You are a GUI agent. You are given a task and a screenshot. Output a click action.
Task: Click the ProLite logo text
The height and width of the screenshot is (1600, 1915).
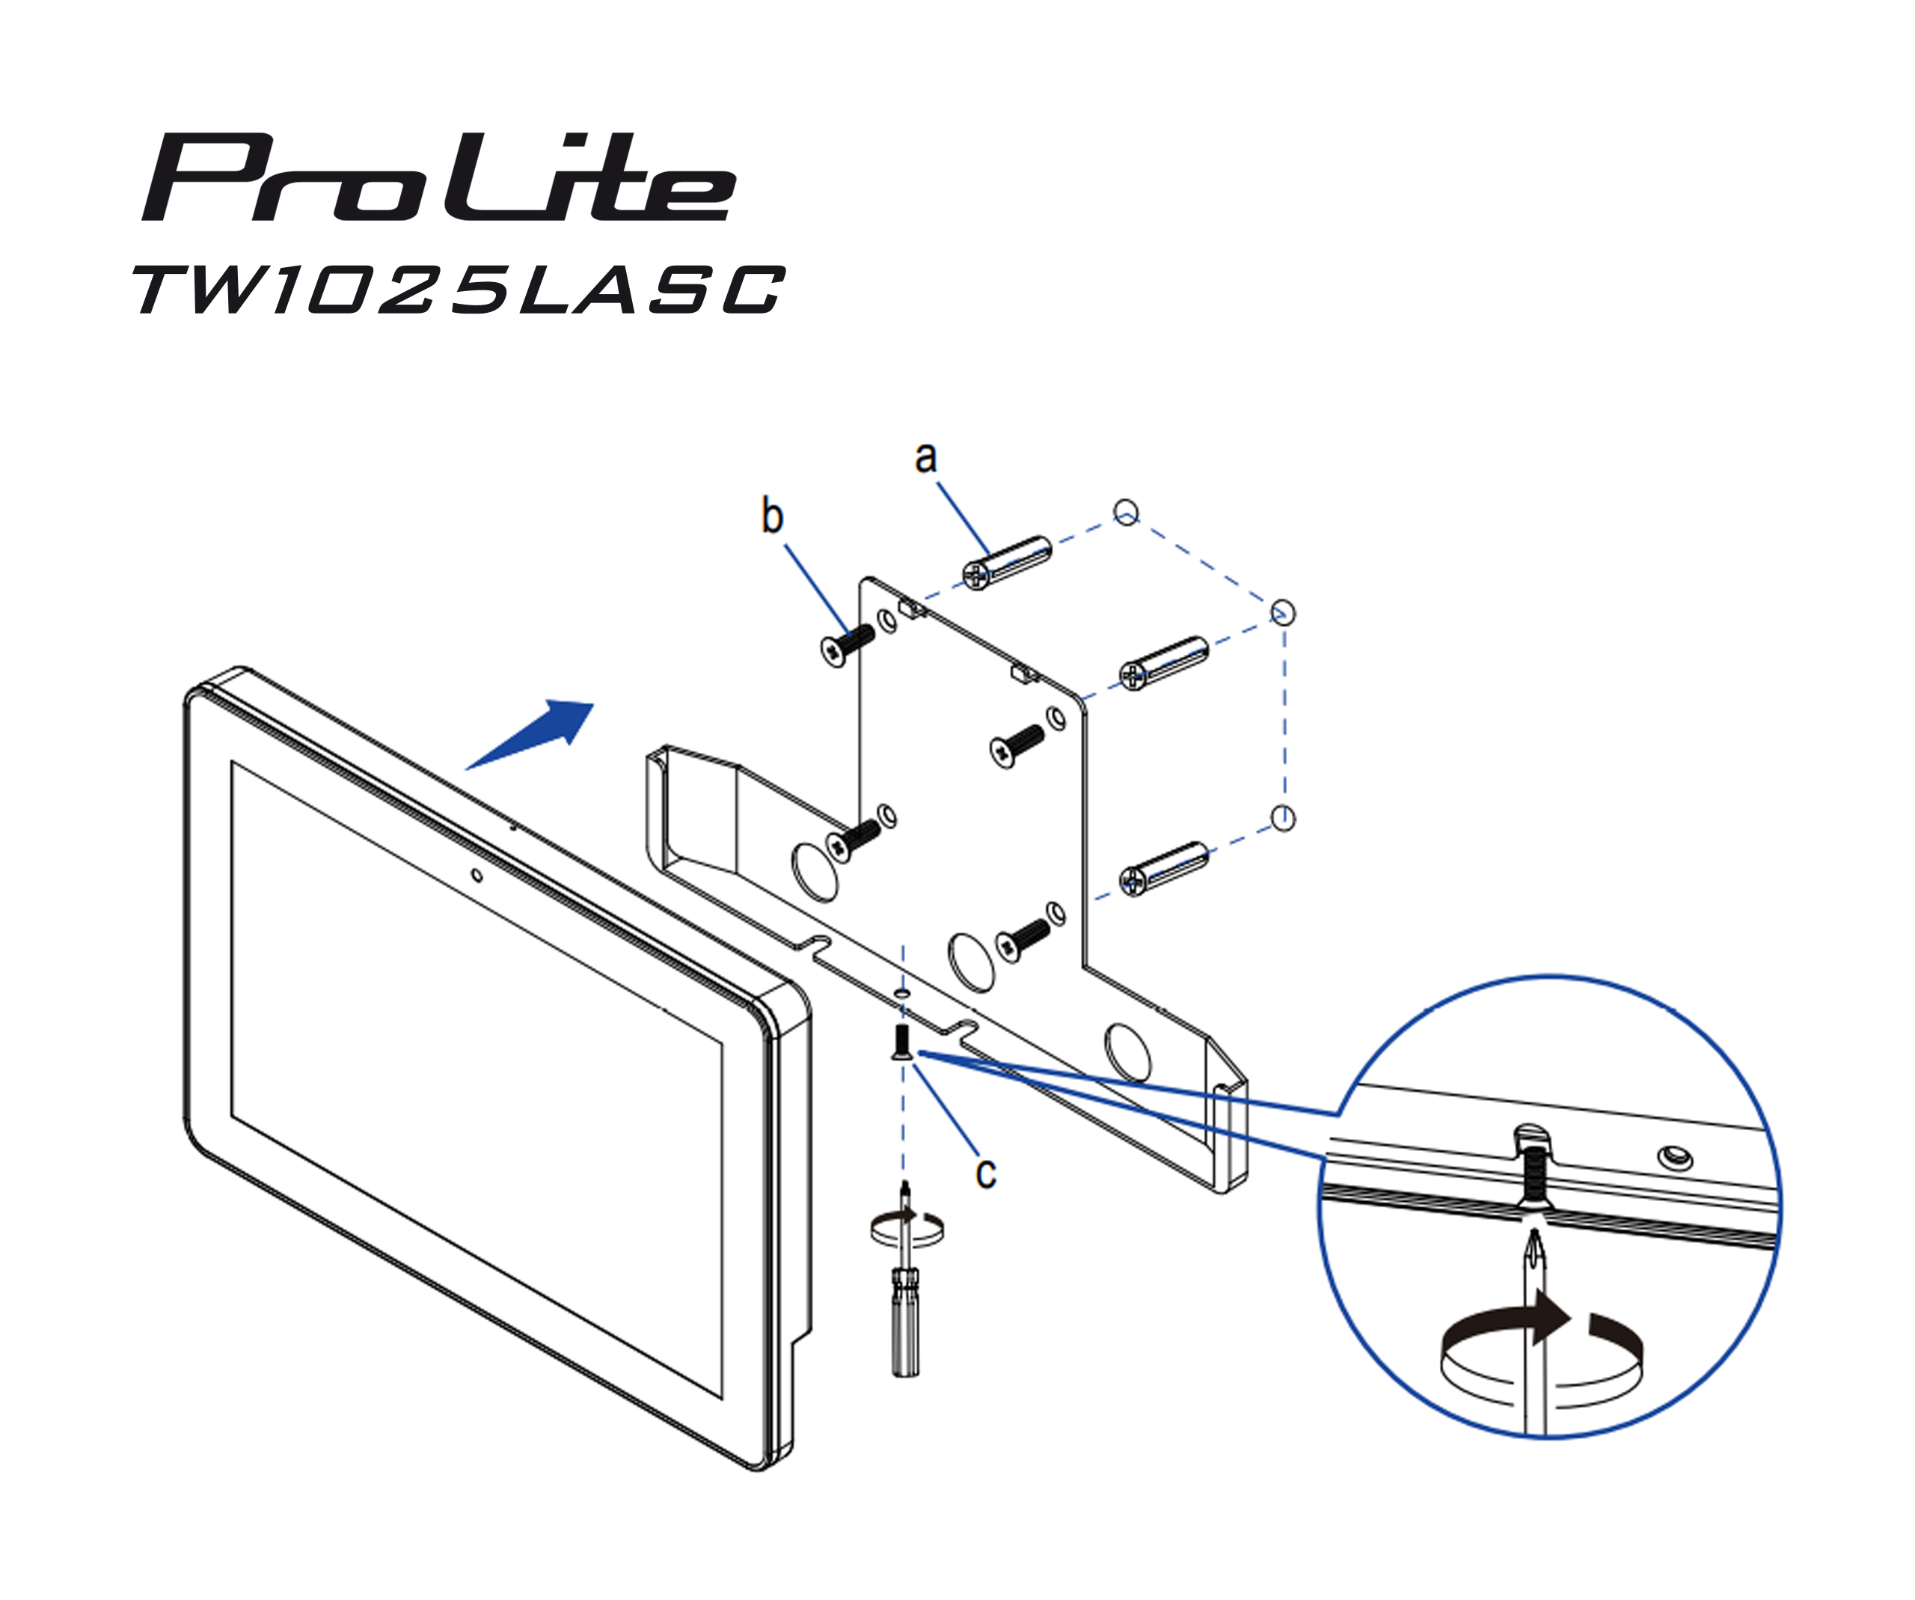(x=438, y=178)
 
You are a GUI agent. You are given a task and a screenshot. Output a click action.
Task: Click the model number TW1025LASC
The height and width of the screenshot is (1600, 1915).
(x=459, y=290)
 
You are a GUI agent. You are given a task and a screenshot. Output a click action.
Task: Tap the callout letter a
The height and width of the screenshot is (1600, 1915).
(x=925, y=456)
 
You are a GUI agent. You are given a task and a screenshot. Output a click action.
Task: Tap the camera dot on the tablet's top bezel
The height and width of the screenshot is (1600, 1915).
(x=476, y=876)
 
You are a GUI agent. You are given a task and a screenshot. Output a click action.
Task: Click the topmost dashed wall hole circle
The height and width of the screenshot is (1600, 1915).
(x=1127, y=512)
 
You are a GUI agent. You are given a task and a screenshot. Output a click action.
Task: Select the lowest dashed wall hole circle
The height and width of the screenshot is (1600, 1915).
(x=1282, y=817)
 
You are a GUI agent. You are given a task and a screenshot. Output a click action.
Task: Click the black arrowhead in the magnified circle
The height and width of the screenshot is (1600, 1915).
(x=1550, y=1317)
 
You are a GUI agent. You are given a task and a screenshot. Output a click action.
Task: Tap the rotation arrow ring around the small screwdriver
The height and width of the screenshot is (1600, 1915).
(x=907, y=1230)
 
